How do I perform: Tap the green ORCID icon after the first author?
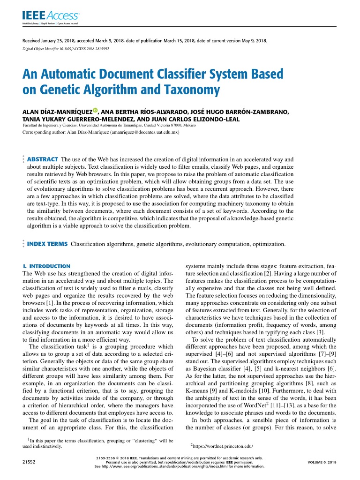coord(95,111)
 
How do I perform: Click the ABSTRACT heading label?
coord(43,159)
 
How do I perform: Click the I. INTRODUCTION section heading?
coord(46,266)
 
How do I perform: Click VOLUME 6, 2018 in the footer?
coord(322,462)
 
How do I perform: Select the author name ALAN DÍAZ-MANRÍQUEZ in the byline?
coord(57,112)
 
